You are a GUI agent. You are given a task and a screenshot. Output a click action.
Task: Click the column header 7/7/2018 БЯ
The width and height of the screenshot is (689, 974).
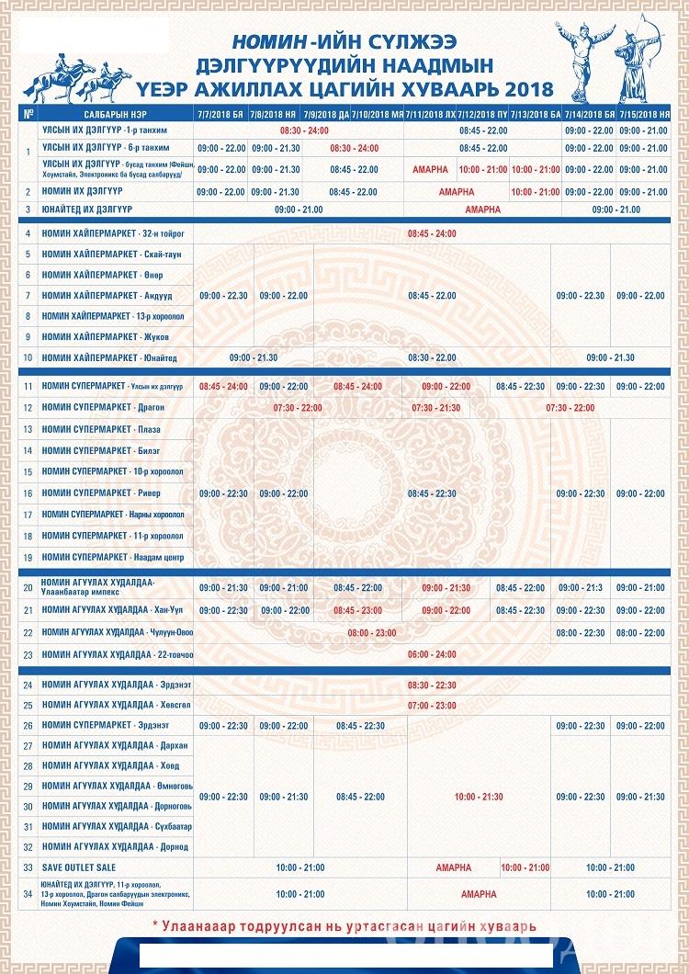[x=220, y=115]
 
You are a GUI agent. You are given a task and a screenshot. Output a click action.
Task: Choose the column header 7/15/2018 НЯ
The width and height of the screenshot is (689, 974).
[x=643, y=115]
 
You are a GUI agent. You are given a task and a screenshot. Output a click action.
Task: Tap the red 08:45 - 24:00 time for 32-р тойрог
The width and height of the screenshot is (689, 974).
[x=431, y=233]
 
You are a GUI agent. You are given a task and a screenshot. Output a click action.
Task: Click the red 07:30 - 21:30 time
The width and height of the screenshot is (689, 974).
[x=436, y=407]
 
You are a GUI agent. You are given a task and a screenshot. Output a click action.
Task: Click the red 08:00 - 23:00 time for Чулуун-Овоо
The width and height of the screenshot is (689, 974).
[x=372, y=633]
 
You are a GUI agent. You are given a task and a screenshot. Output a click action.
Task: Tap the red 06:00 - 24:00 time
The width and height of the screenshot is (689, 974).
[x=431, y=654]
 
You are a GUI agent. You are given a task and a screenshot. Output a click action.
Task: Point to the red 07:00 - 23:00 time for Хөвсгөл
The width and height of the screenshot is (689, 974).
[x=431, y=706]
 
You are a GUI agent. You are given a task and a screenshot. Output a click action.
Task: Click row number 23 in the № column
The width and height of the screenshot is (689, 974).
[x=28, y=654]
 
